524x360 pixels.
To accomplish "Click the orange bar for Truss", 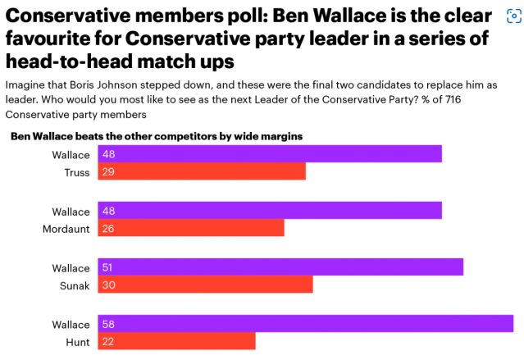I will tap(202, 171).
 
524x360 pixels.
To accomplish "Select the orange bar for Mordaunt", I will tap(191, 228).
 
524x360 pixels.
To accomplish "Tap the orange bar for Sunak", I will tap(206, 285).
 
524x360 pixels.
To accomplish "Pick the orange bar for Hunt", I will tap(176, 341).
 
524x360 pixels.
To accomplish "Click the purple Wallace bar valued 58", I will tap(305, 324).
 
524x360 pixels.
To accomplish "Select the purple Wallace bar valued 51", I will tap(280, 267).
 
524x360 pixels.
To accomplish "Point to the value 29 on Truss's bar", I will tap(108, 171).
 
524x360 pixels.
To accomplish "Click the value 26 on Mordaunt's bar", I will tap(108, 228).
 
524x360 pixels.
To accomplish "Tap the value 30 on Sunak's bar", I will tap(108, 285).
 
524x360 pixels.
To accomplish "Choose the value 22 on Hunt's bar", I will tap(108, 341).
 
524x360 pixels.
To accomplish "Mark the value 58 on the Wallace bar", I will tap(108, 324).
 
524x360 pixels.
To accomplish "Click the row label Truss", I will tap(76, 171).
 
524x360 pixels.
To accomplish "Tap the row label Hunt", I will tap(78, 341).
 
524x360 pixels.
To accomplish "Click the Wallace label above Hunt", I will tap(71, 324).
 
